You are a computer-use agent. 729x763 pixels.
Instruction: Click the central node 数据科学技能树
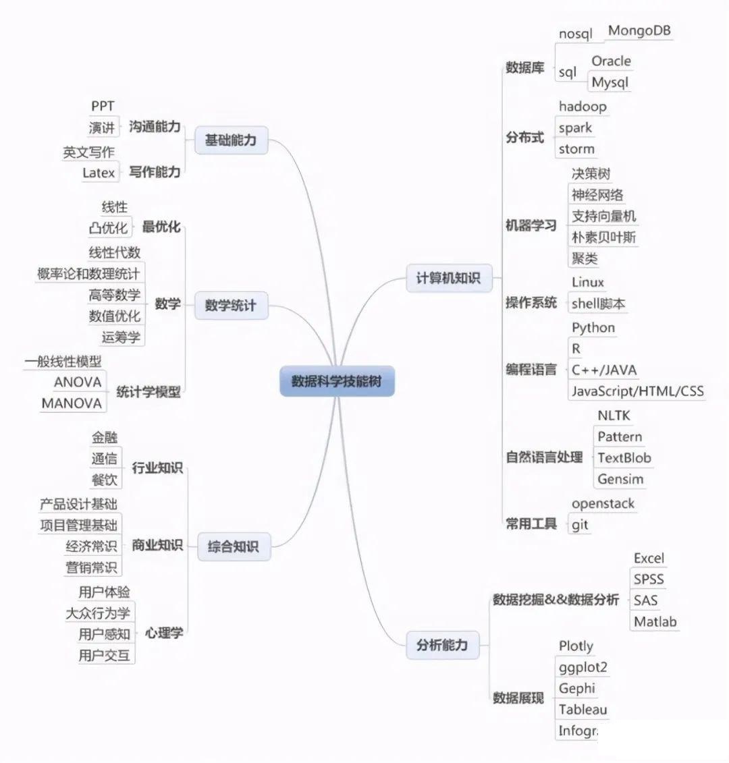[x=337, y=381]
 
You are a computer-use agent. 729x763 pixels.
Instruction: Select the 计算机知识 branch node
[x=448, y=278]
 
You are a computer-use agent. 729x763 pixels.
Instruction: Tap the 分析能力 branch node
[x=442, y=645]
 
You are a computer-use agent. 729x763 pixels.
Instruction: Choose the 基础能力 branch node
[x=231, y=140]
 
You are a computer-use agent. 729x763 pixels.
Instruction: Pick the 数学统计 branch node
[x=231, y=306]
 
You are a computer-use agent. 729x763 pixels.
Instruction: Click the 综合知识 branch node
[x=233, y=546]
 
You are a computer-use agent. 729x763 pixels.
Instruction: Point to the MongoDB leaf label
[x=639, y=30]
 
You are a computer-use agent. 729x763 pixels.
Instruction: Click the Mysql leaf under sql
[x=610, y=82]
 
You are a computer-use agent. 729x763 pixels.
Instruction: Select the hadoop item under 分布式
[x=583, y=106]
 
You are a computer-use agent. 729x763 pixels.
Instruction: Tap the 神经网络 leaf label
[x=597, y=195]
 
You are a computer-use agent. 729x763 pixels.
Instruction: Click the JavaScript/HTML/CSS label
[x=637, y=391]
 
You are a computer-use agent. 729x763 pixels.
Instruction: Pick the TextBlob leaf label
[x=624, y=458]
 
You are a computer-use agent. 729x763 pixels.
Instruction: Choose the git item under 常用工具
[x=580, y=524]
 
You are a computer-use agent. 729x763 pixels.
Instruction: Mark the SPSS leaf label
[x=649, y=579]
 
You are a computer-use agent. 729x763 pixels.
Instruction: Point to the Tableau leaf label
[x=583, y=709]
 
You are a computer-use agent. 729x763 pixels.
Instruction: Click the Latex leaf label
[x=99, y=173]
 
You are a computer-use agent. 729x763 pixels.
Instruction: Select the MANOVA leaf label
[x=72, y=403]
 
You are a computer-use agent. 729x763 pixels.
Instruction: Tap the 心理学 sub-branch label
[x=164, y=633]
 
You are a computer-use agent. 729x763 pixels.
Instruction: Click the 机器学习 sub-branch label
[x=531, y=225]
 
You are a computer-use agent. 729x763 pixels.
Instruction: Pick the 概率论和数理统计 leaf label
[x=88, y=273]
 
